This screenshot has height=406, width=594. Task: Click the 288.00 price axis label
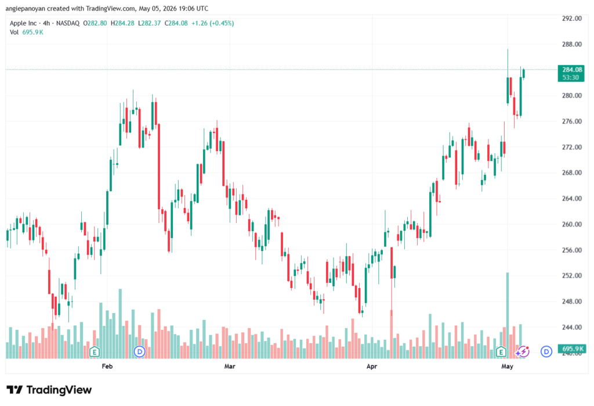pyautogui.click(x=571, y=44)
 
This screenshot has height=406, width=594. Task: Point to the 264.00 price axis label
pyautogui.click(x=571, y=199)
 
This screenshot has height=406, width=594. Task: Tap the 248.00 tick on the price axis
pyautogui.click(x=571, y=301)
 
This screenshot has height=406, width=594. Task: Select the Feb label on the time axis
pyautogui.click(x=107, y=366)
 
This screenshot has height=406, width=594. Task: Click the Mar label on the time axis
pyautogui.click(x=230, y=366)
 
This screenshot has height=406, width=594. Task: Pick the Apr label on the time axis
pyautogui.click(x=372, y=366)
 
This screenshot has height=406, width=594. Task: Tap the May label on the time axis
pyautogui.click(x=507, y=366)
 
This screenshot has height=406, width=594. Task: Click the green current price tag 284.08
pyautogui.click(x=571, y=73)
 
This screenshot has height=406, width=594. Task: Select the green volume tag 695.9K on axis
pyautogui.click(x=572, y=348)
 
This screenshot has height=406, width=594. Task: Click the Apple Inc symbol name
pyautogui.click(x=23, y=23)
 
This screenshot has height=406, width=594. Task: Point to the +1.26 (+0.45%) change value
pyautogui.click(x=212, y=23)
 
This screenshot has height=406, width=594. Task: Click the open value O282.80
pyautogui.click(x=95, y=23)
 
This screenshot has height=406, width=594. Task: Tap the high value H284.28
pyautogui.click(x=122, y=23)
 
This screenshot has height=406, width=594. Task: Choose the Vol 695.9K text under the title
pyautogui.click(x=27, y=33)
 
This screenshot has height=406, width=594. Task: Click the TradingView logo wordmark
pyautogui.click(x=49, y=390)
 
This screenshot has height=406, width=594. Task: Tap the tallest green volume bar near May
pyautogui.click(x=508, y=315)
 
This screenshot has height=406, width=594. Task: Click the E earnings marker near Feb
pyautogui.click(x=95, y=352)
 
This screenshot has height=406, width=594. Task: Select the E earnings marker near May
pyautogui.click(x=501, y=352)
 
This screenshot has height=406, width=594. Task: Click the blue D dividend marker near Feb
pyautogui.click(x=139, y=352)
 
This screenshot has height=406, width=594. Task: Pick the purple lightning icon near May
pyautogui.click(x=523, y=352)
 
